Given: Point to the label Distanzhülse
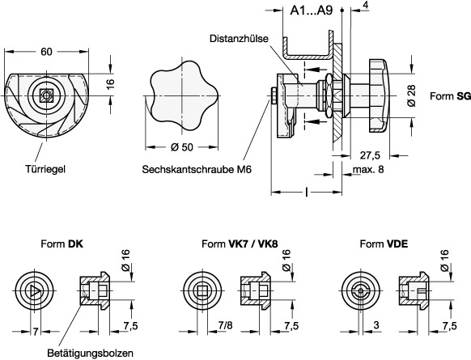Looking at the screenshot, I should coord(235,37).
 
